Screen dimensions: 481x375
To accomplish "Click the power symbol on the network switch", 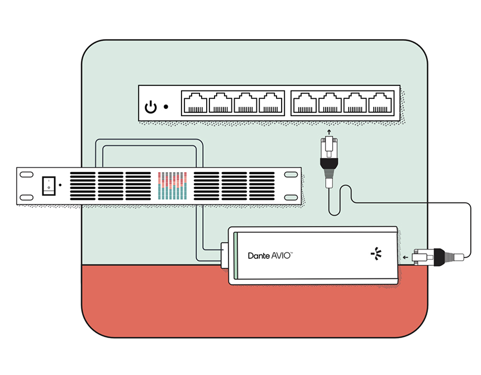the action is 151,107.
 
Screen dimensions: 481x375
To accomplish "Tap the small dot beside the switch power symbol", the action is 166,107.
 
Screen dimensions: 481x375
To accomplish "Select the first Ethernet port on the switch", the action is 195,103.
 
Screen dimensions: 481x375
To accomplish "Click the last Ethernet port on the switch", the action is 380,103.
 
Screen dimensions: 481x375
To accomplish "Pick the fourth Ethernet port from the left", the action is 270,103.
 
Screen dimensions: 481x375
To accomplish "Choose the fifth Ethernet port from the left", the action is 305,103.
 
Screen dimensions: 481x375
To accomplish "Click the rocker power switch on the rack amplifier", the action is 49,186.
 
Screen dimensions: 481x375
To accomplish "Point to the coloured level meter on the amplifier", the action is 173,186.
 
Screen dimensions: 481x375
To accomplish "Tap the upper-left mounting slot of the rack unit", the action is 26,175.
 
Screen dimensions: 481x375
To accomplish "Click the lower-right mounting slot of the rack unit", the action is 291,198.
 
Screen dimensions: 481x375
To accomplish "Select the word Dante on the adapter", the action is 259,256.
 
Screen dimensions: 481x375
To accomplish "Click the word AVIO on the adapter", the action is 282,256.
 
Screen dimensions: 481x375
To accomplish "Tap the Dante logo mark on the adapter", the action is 376,254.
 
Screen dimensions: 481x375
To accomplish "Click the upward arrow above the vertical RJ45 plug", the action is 329,132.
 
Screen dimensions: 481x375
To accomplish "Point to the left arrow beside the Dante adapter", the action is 406,257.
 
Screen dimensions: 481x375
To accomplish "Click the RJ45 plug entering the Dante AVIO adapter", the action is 437,257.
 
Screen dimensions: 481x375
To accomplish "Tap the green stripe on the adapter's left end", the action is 236,256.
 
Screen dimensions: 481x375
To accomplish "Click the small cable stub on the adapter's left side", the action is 225,256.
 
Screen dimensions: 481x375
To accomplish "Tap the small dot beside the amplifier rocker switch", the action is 60,185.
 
